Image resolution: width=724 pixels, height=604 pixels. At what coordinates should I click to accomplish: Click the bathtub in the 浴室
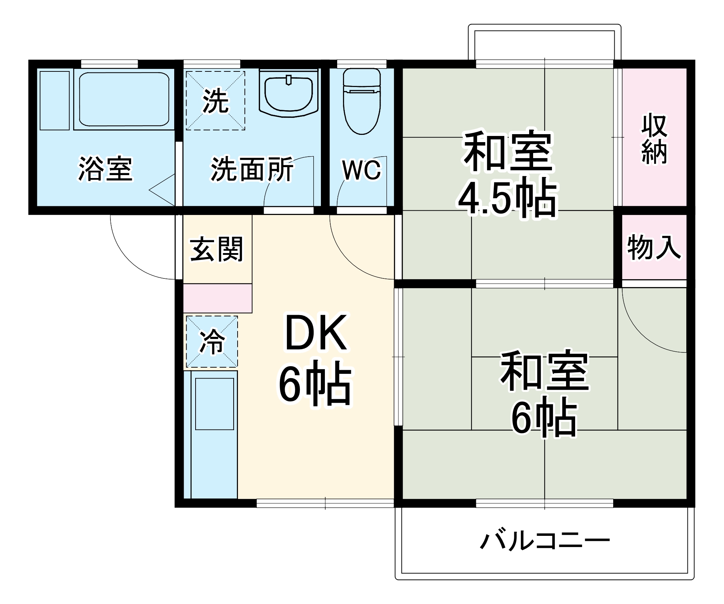pos(124,99)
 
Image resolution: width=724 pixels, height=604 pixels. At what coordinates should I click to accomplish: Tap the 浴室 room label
pos(105,169)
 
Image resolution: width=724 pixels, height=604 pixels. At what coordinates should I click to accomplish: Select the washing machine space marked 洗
pos(215,100)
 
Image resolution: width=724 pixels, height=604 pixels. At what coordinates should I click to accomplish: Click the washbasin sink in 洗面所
pos(289,94)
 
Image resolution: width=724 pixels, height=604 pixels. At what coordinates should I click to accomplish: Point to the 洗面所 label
pos(252,169)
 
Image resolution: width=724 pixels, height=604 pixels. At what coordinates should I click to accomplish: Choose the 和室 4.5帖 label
pos(508,174)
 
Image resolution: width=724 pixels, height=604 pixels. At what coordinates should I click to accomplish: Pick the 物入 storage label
pos(654,247)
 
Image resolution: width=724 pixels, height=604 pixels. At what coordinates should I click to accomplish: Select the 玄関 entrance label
pos(217,249)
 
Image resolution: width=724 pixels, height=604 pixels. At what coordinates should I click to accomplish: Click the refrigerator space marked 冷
pos(212,342)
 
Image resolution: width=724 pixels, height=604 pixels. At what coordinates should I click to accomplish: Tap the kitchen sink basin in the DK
pos(214,404)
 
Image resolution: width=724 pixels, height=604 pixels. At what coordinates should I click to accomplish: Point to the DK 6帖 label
pos(315,359)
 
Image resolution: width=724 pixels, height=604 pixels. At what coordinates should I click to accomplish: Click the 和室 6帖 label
pos(544,393)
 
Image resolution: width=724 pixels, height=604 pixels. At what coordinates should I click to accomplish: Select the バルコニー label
pos(545,541)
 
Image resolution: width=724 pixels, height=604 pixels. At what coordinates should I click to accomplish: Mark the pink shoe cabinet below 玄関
pos(217,298)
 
